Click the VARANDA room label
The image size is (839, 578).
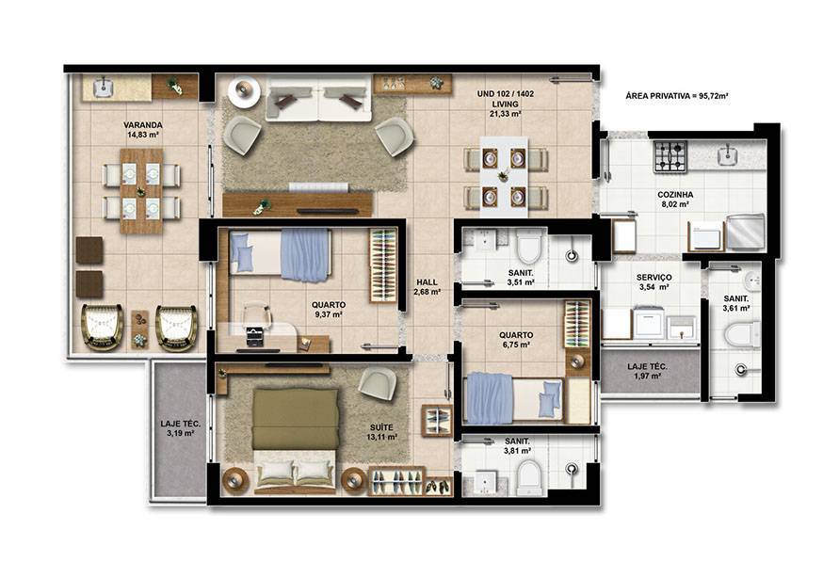(143, 125)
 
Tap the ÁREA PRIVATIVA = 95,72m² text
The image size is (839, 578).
(677, 96)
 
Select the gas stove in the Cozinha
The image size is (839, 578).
(670, 156)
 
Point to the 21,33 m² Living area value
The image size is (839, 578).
(505, 114)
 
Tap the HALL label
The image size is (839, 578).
(427, 282)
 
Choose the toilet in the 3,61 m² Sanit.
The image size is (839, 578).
(743, 335)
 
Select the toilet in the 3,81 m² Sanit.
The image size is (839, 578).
(531, 477)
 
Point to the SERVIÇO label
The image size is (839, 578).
(653, 278)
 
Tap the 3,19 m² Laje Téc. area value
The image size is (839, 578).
(180, 434)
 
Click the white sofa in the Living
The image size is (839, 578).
(319, 99)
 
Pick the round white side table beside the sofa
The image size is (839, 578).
(244, 91)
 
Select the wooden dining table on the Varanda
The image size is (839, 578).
(141, 191)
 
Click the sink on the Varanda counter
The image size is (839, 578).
(103, 88)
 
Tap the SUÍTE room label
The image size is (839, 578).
(381, 427)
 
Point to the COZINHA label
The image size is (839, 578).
(675, 195)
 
